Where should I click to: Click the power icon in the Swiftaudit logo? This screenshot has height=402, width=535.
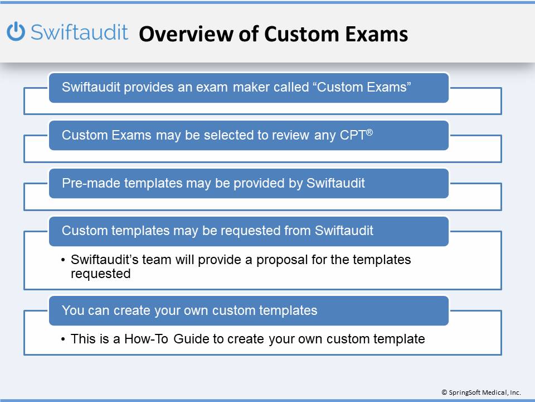point(16,31)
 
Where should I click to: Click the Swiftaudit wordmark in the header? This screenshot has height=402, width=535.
point(79,32)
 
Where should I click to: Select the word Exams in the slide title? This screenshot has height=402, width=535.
point(376,34)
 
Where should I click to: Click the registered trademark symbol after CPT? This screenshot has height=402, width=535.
point(369,132)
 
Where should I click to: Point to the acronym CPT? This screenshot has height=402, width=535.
point(353,135)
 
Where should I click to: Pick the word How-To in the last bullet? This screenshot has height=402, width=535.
point(146,339)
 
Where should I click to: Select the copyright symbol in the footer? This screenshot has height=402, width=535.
point(444,393)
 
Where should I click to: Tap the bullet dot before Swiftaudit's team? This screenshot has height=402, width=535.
point(63,260)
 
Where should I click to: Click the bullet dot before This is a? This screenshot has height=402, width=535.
point(63,339)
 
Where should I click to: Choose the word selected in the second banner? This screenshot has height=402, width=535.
point(228,135)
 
